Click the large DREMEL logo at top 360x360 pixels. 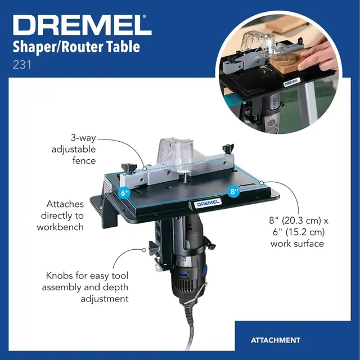(x=82, y=25)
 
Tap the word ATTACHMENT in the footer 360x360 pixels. (x=276, y=340)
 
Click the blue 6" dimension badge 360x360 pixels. (x=125, y=191)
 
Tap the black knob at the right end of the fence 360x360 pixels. (x=228, y=149)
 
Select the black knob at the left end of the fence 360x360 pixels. (x=128, y=167)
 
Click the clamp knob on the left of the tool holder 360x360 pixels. (x=153, y=247)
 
